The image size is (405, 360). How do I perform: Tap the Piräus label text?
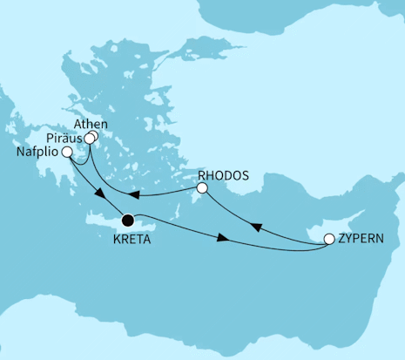pyautogui.click(x=66, y=138)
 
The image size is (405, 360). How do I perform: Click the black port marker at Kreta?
pyautogui.click(x=130, y=221)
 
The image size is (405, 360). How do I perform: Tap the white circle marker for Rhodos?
pyautogui.click(x=202, y=187)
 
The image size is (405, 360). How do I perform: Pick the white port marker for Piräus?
pyautogui.click(x=89, y=138)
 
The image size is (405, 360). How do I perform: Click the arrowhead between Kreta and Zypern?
pyautogui.click(x=226, y=238)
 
